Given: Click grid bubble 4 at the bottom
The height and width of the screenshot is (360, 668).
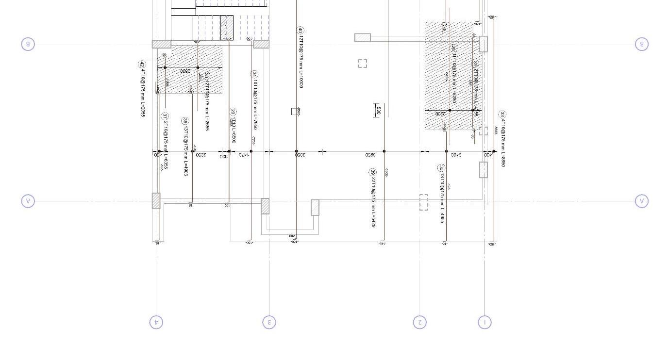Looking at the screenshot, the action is [156, 322].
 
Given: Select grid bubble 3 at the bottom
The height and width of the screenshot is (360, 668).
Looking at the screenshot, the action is [269, 322].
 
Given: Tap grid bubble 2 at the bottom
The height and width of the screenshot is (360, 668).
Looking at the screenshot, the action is [420, 322].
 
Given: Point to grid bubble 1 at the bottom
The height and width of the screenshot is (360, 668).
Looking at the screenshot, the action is [484, 322].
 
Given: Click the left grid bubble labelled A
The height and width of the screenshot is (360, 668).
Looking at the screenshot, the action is [28, 201].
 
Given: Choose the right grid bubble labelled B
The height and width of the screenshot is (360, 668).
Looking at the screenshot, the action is [642, 44].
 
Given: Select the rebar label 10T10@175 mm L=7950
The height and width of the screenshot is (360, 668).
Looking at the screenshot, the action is [255, 104].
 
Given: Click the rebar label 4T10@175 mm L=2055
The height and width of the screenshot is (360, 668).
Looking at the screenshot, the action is [143, 92].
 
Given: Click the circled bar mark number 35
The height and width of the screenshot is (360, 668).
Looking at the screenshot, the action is [185, 121].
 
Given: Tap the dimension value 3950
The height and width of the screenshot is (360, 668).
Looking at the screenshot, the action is [370, 155].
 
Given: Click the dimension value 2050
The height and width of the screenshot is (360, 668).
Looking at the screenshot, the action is [301, 155].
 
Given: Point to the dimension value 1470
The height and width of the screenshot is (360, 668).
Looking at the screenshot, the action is [244, 155].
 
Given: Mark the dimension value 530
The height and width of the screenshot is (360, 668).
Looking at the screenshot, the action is [379, 111].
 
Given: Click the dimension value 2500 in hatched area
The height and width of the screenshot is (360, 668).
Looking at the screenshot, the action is [185, 71].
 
